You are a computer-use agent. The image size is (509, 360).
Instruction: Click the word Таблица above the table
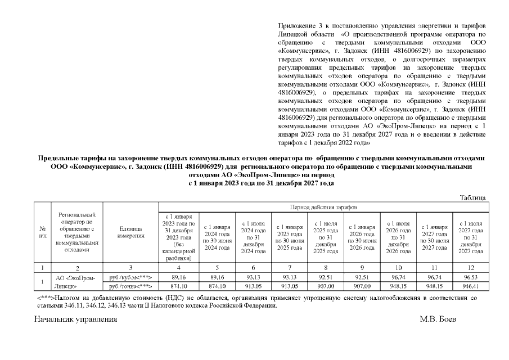[x=472, y=197]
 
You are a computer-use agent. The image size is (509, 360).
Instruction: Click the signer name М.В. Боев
[x=438, y=319]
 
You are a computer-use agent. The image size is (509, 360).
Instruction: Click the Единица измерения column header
[x=131, y=233]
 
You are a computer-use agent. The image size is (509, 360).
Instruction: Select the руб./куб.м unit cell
[x=131, y=277]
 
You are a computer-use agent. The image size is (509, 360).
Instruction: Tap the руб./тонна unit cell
[x=131, y=286]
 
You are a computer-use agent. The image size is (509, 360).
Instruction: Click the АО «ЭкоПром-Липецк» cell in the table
[x=76, y=281]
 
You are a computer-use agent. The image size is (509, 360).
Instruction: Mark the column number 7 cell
[x=289, y=268]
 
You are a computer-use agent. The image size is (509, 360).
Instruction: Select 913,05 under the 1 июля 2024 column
[x=253, y=286]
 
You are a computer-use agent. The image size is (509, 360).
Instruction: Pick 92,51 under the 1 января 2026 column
[x=362, y=277]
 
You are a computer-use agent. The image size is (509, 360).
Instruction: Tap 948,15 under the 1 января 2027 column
[x=434, y=286]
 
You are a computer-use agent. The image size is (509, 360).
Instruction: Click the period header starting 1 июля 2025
[x=326, y=237]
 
